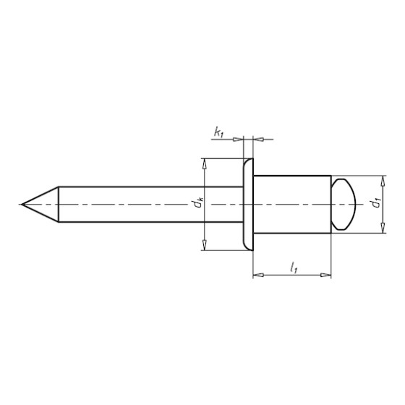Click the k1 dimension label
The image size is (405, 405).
coord(218,132)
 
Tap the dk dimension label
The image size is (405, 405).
coord(197,205)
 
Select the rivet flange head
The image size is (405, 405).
coord(248,205)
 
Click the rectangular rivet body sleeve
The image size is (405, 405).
coord(292,205)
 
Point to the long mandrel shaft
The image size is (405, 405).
coord(145,205)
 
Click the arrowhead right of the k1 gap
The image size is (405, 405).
coord(258,137)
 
